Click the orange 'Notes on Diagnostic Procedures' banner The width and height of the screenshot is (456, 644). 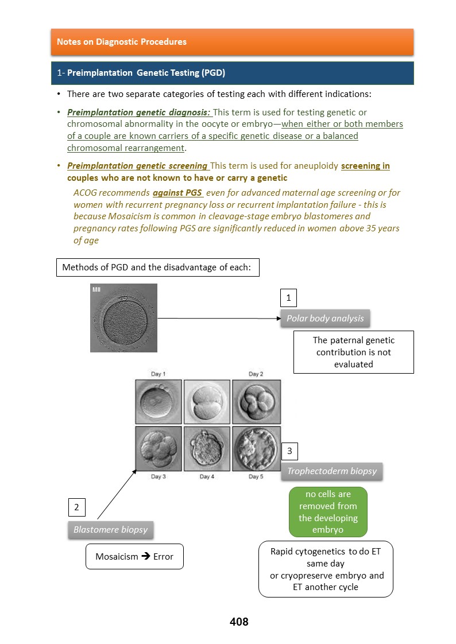[x=232, y=42]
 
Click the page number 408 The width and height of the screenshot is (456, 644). [x=239, y=622]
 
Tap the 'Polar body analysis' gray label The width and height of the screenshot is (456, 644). [x=326, y=318]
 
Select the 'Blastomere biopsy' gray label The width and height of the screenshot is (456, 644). [x=111, y=529]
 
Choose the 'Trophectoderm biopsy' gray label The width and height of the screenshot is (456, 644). [x=332, y=471]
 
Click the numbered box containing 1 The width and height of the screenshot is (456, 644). [x=288, y=298]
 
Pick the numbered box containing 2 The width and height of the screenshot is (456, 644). [x=76, y=507]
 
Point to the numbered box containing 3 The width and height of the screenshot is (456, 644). [x=289, y=451]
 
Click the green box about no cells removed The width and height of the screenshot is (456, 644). [x=328, y=512]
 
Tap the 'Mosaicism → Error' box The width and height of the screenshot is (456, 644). [x=134, y=557]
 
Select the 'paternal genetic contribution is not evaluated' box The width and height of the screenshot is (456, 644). [x=354, y=352]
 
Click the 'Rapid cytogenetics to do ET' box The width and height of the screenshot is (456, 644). [x=326, y=569]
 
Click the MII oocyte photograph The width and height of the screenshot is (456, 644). [x=123, y=317]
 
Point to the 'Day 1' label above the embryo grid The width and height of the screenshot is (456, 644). [x=159, y=374]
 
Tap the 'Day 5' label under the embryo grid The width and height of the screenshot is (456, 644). [x=256, y=476]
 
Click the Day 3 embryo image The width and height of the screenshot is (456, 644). [x=159, y=448]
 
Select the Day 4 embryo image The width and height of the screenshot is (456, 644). [x=207, y=448]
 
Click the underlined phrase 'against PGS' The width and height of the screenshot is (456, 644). [x=177, y=193]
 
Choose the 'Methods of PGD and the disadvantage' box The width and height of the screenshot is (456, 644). [x=157, y=267]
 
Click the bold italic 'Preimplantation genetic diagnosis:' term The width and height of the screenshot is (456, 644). [x=139, y=112]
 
